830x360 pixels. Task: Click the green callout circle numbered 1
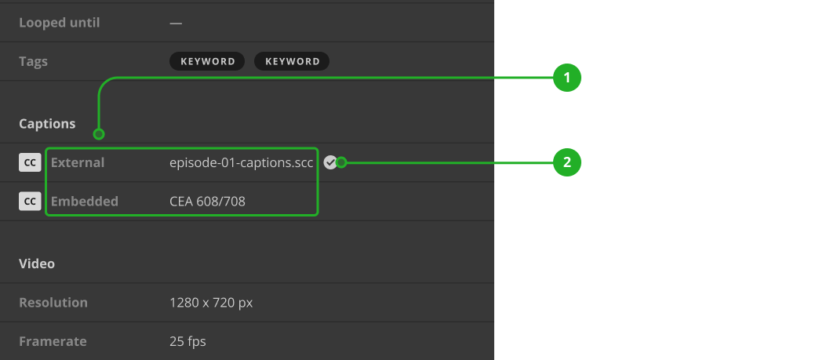pos(566,78)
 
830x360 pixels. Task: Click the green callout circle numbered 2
pos(566,163)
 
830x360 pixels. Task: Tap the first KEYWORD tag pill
pos(207,61)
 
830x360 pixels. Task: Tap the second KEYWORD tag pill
pos(292,61)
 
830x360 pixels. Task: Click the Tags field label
pos(34,61)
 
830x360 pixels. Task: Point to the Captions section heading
pos(47,124)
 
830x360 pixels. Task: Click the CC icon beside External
pos(30,162)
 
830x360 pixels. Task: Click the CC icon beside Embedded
pos(30,202)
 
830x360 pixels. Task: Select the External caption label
pos(78,162)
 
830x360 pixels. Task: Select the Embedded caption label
pos(85,202)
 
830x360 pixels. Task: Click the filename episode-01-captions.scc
pos(242,162)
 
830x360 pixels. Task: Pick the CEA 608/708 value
pos(207,202)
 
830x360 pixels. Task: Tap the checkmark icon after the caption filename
pos(330,162)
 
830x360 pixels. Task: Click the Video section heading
pos(37,264)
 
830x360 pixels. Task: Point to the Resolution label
pos(53,303)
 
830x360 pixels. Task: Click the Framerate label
pos(53,341)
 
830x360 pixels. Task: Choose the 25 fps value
pos(187,341)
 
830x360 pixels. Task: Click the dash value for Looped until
pos(176,23)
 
